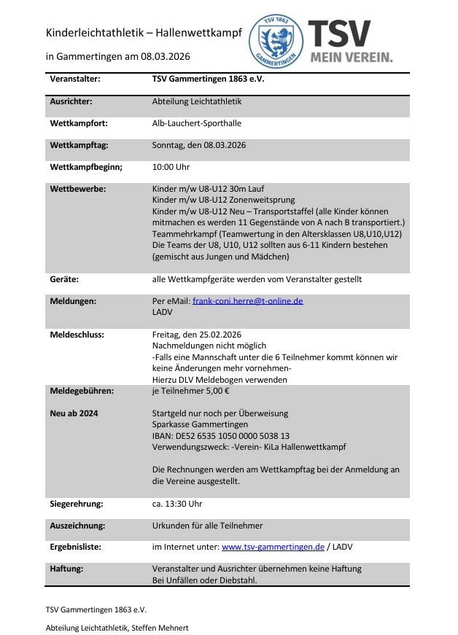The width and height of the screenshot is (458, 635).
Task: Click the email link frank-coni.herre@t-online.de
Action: click(247, 300)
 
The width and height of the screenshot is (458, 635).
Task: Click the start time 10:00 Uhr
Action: click(171, 167)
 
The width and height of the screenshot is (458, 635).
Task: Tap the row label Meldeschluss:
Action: click(77, 335)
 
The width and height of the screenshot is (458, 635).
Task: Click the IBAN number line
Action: click(221, 435)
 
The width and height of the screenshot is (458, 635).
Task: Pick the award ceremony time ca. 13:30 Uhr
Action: click(177, 504)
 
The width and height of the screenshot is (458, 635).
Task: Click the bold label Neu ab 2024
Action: click(74, 413)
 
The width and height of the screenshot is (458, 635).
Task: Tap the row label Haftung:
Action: click(69, 569)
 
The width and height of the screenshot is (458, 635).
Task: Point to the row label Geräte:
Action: click(64, 278)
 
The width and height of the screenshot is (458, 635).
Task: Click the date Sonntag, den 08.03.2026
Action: click(199, 145)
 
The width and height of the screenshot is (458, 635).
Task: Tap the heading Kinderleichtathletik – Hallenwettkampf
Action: click(144, 33)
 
